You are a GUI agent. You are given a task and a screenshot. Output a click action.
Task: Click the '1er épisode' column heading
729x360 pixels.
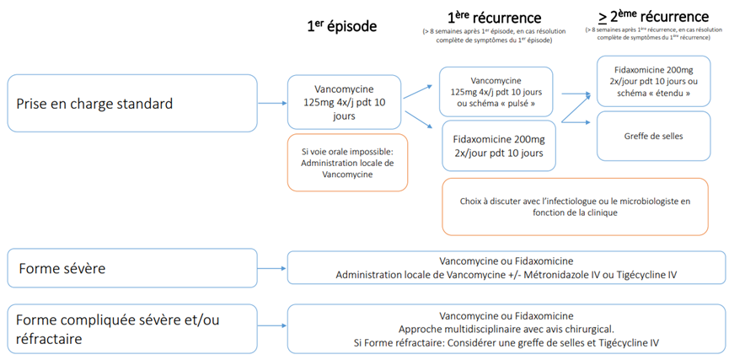tap(341, 26)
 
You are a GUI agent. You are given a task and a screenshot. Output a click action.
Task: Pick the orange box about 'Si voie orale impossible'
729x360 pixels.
tap(347, 162)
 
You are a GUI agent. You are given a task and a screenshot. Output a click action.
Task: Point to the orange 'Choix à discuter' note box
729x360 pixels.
tap(575, 207)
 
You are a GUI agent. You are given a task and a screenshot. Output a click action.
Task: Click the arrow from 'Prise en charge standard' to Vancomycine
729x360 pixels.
tap(271, 105)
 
